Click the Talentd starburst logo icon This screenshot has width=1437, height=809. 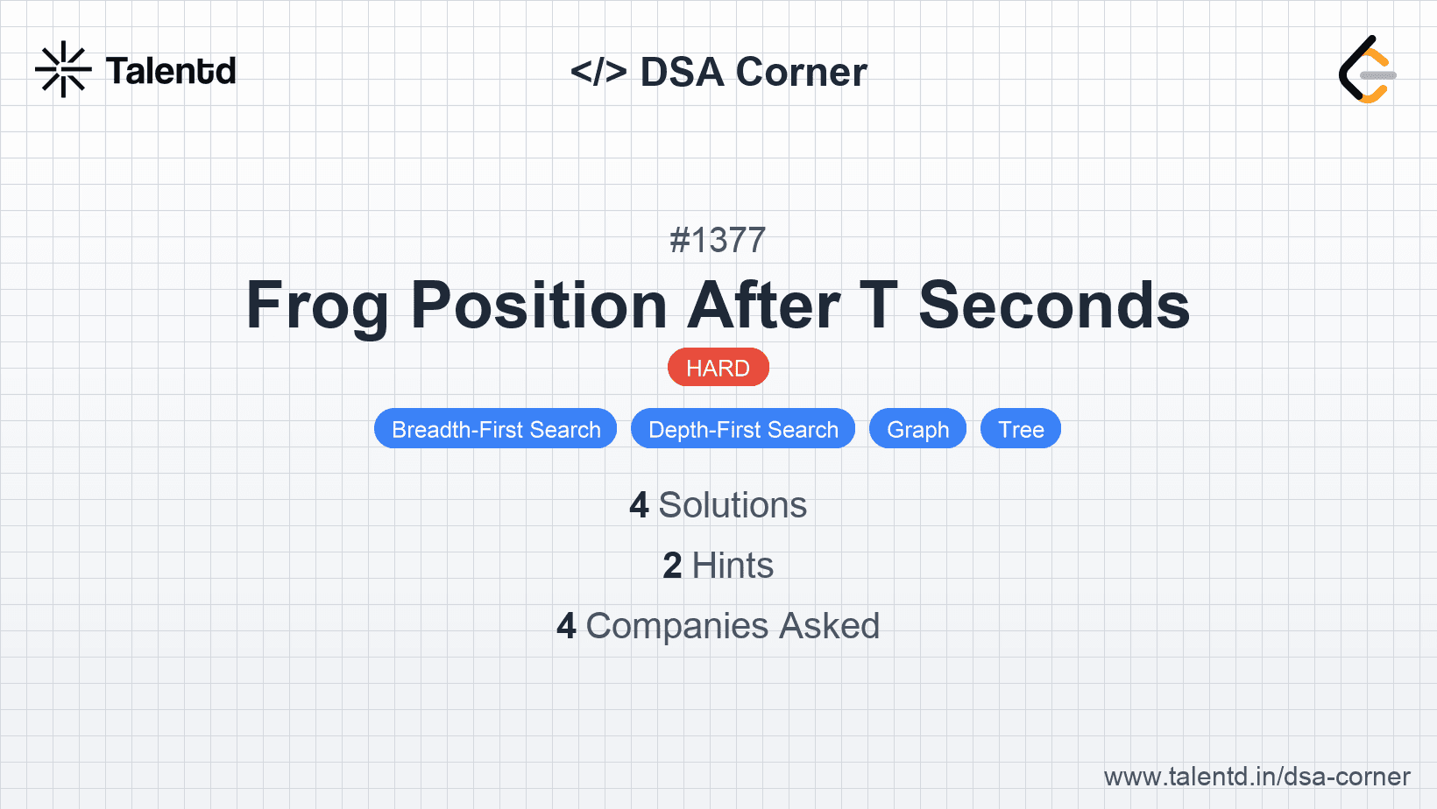(63, 69)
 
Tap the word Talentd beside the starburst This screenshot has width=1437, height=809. (171, 71)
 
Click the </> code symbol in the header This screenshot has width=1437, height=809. (598, 71)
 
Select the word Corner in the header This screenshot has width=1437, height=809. (801, 72)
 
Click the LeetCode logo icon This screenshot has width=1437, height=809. (1367, 69)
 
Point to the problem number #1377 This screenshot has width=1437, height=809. (718, 240)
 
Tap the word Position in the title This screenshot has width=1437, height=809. (539, 305)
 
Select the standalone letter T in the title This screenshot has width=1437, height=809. (879, 305)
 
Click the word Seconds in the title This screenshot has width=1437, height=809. (1054, 305)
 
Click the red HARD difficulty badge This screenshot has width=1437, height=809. (718, 368)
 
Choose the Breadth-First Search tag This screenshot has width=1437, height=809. (496, 428)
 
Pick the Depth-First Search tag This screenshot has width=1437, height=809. (743, 428)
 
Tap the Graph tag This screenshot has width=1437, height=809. (918, 428)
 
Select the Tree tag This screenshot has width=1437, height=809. (1021, 428)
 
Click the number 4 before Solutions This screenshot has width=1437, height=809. (639, 505)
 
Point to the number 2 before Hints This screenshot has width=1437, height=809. (672, 566)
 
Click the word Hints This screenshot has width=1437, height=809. (733, 566)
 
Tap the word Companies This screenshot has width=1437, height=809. (676, 627)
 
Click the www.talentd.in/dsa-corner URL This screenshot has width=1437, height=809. (1256, 777)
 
